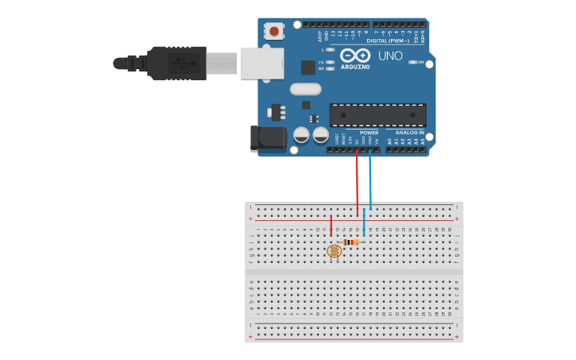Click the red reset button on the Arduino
tap(274, 31)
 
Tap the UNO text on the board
tap(390, 56)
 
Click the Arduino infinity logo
tap(354, 56)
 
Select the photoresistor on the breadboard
tap(334, 251)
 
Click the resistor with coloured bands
tap(350, 242)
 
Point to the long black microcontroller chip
tap(377, 114)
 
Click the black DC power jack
tap(268, 138)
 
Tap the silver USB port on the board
tap(261, 62)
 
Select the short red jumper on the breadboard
tap(331, 225)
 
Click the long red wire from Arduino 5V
tap(357, 183)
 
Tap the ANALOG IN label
tap(409, 132)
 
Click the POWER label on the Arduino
tap(369, 132)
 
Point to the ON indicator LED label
tap(420, 62)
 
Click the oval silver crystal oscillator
tap(305, 89)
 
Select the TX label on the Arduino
tap(321, 62)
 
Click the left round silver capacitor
tap(302, 135)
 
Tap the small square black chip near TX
tap(307, 68)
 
